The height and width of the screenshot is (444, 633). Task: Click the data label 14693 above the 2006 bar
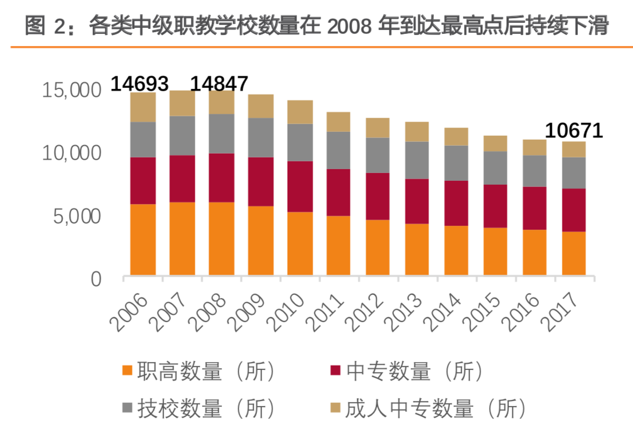pyautogui.click(x=140, y=84)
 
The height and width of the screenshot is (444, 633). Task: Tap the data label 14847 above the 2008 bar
pyautogui.click(x=219, y=84)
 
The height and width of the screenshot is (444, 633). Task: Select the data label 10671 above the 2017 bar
pyautogui.click(x=573, y=131)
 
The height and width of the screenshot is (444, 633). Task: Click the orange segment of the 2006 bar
pyautogui.click(x=143, y=239)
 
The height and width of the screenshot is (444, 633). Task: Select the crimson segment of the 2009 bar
pyautogui.click(x=260, y=181)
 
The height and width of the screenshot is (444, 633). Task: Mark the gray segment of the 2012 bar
pyautogui.click(x=378, y=155)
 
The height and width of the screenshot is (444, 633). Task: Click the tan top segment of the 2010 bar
pyautogui.click(x=300, y=112)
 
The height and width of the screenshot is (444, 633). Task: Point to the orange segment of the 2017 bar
pyautogui.click(x=573, y=253)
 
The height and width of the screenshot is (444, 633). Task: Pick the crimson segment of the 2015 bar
pyautogui.click(x=495, y=206)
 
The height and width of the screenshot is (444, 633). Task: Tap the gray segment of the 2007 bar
pyautogui.click(x=182, y=135)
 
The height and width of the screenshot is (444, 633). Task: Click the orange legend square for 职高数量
pyautogui.click(x=127, y=371)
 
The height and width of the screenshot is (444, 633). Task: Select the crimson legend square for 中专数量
pyautogui.click(x=335, y=371)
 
